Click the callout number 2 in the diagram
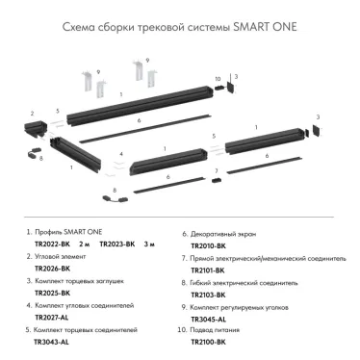click(33, 113)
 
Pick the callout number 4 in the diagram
click(121, 154)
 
